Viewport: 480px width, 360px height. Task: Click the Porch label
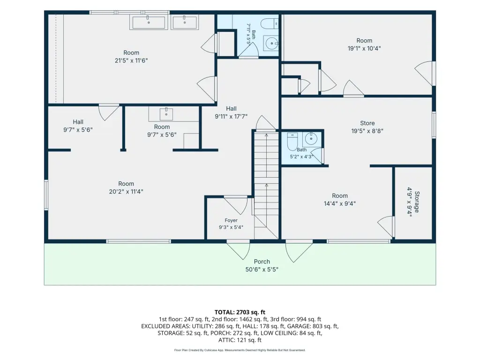262,262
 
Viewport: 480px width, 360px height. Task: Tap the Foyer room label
231,220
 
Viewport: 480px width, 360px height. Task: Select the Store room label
367,123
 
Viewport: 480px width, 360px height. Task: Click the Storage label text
417,202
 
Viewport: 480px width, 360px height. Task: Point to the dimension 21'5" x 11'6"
131,60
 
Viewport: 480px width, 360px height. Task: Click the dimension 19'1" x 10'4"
364,48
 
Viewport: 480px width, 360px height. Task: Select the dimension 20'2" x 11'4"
126,192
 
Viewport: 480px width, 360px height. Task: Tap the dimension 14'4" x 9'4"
340,203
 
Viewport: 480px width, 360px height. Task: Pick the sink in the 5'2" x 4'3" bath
311,139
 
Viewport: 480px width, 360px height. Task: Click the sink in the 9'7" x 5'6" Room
166,114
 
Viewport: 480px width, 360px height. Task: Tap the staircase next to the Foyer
266,185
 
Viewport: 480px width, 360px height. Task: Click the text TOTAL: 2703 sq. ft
240,312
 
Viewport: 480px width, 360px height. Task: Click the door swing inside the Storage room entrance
386,226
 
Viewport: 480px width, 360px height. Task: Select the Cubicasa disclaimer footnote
240,350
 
